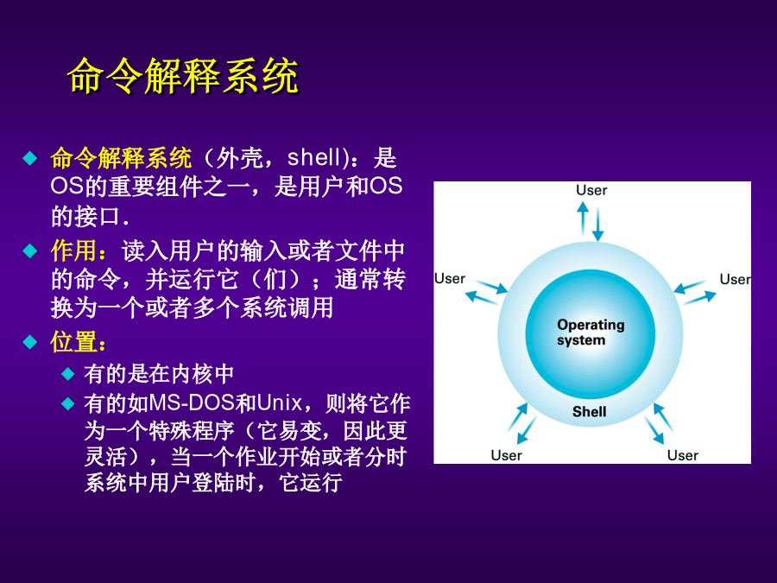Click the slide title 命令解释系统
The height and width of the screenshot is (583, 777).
click(183, 76)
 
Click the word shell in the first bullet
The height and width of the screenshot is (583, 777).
click(313, 157)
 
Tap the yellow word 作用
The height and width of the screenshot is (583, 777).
click(73, 250)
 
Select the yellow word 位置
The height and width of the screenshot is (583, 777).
click(73, 341)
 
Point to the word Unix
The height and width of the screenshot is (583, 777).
click(279, 402)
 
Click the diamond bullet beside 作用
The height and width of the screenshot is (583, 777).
click(30, 250)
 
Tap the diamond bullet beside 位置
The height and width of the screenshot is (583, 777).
click(30, 342)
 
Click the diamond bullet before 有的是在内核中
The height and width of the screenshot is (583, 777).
click(68, 374)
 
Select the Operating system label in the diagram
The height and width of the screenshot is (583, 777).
click(591, 333)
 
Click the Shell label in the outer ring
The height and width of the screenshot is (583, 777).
click(589, 411)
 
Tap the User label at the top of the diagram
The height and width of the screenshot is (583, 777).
click(591, 190)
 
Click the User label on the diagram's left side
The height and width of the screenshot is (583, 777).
click(450, 279)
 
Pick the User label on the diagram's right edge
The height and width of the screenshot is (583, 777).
click(736, 279)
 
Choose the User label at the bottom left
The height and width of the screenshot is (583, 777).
click(506, 455)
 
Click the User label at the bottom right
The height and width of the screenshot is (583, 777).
click(682, 455)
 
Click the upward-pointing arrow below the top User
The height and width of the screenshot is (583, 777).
click(583, 219)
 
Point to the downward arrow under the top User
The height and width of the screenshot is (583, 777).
click(598, 225)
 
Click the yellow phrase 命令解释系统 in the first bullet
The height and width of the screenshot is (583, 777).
click(121, 158)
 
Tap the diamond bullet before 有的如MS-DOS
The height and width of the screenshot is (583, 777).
click(68, 403)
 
